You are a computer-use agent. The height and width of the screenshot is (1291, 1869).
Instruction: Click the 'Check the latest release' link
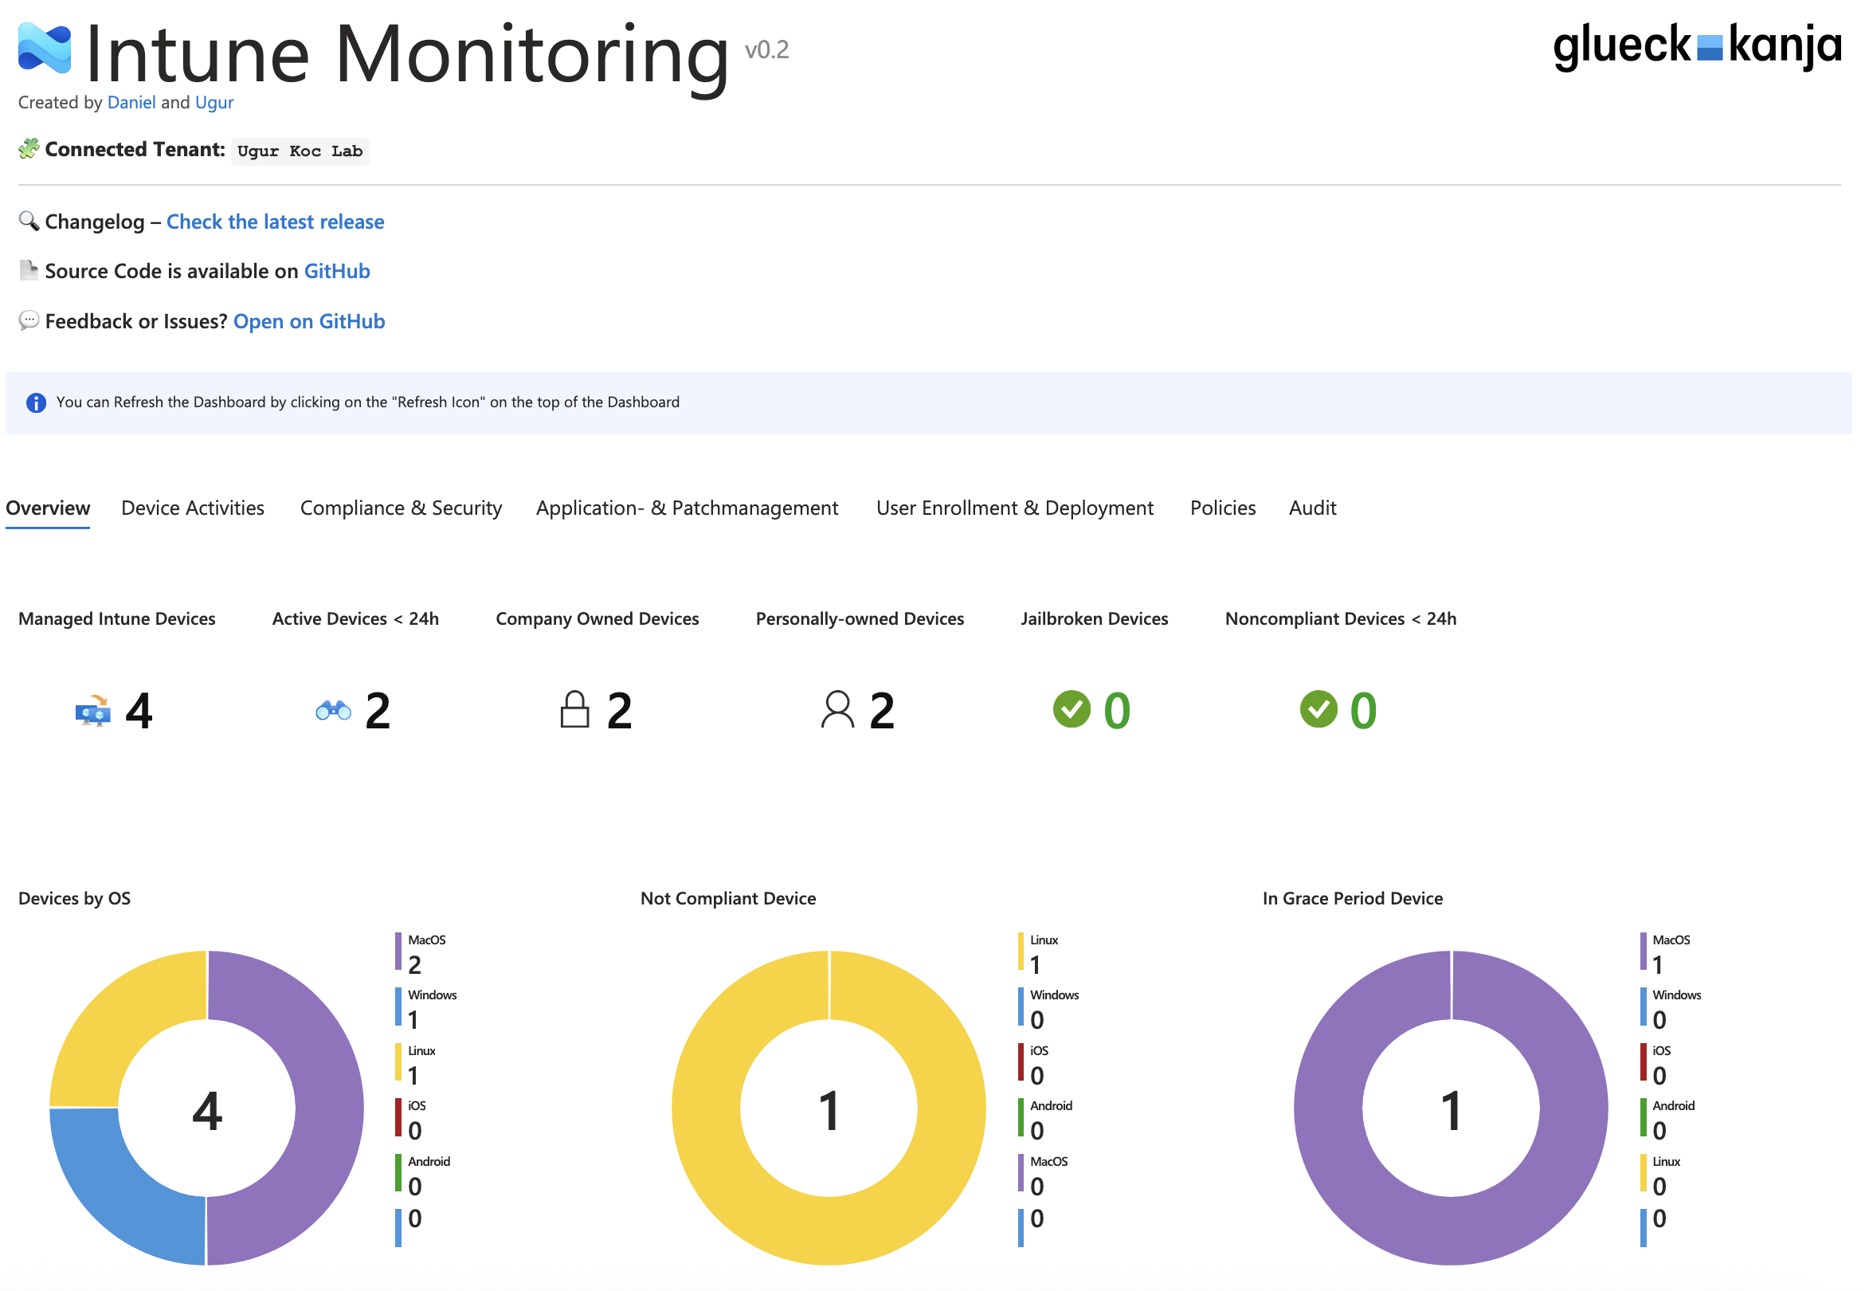point(275,222)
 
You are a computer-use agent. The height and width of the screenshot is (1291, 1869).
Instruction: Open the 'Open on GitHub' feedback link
point(309,321)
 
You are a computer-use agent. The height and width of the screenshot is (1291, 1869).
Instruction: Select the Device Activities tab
point(193,508)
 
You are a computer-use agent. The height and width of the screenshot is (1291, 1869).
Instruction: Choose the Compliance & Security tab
point(402,508)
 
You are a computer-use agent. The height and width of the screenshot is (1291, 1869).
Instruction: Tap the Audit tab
point(1312,508)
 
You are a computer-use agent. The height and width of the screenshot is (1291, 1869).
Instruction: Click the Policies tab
point(1222,508)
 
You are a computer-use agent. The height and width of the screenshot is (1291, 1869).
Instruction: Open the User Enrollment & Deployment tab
point(1014,508)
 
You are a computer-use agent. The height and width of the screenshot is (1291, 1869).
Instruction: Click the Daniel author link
point(131,103)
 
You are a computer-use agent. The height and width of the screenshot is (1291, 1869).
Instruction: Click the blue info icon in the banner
point(37,402)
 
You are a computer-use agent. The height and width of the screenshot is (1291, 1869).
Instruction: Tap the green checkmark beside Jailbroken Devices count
point(1072,709)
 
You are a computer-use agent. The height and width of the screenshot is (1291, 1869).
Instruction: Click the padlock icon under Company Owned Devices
point(574,709)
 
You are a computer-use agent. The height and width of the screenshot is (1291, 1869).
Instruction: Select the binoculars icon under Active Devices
point(333,710)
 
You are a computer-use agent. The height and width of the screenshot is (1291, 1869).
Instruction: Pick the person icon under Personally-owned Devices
point(837,709)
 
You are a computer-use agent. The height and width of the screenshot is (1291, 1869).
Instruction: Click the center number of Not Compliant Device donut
point(829,1110)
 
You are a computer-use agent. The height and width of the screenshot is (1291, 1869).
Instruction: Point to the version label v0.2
point(766,50)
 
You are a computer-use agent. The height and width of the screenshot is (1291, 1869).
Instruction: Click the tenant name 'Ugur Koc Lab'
point(300,151)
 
